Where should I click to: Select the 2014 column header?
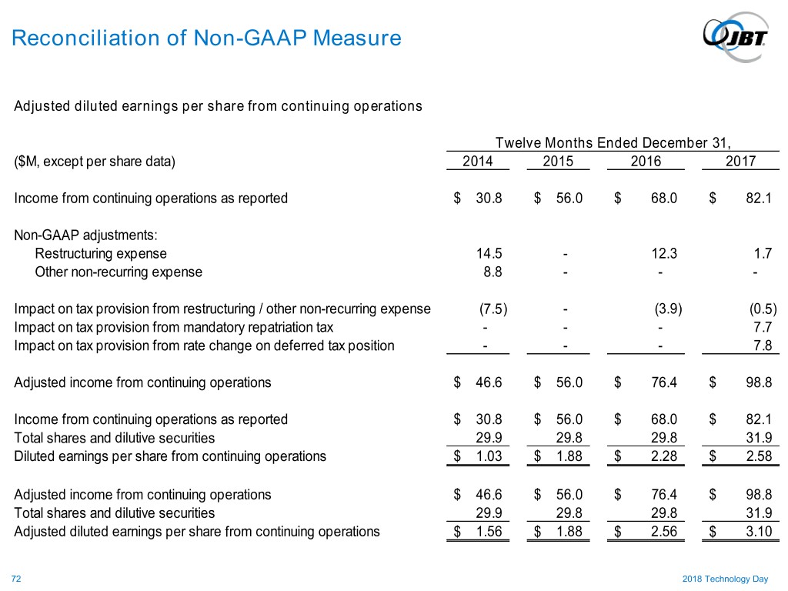(478, 162)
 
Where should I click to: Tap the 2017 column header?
(740, 162)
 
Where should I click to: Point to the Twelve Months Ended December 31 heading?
(613, 143)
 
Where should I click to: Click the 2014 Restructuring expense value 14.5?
(489, 253)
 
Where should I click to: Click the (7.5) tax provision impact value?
(492, 309)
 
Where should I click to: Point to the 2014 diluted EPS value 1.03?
(489, 456)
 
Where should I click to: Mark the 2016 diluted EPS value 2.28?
(663, 456)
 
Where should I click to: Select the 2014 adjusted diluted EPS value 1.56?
(489, 531)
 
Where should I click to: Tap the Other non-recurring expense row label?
(119, 272)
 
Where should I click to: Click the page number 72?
(16, 577)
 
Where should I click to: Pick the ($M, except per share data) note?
(95, 162)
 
